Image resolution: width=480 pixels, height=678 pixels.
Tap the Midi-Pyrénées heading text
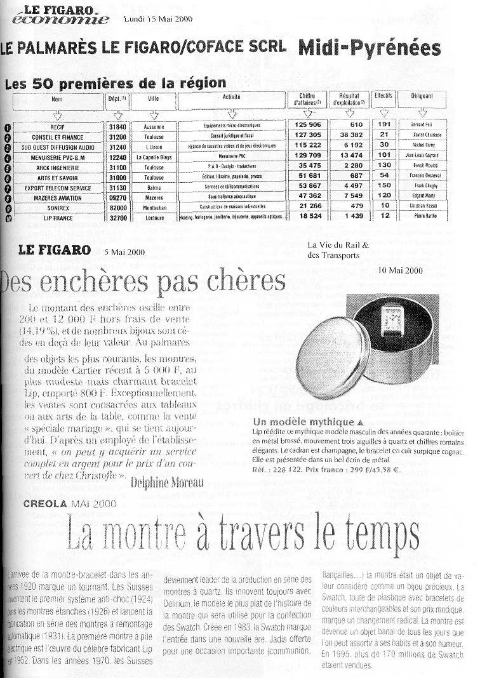369,48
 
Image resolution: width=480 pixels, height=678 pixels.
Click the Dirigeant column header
422,97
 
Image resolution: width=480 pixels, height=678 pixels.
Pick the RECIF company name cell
58,126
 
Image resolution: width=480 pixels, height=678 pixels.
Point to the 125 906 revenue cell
307,125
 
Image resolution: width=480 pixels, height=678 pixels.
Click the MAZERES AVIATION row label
58,198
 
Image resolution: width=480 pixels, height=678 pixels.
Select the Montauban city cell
154,207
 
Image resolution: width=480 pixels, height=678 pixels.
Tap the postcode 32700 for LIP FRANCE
117,217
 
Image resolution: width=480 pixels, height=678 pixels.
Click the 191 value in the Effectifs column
384,124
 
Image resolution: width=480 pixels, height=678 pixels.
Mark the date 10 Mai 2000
400,270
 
